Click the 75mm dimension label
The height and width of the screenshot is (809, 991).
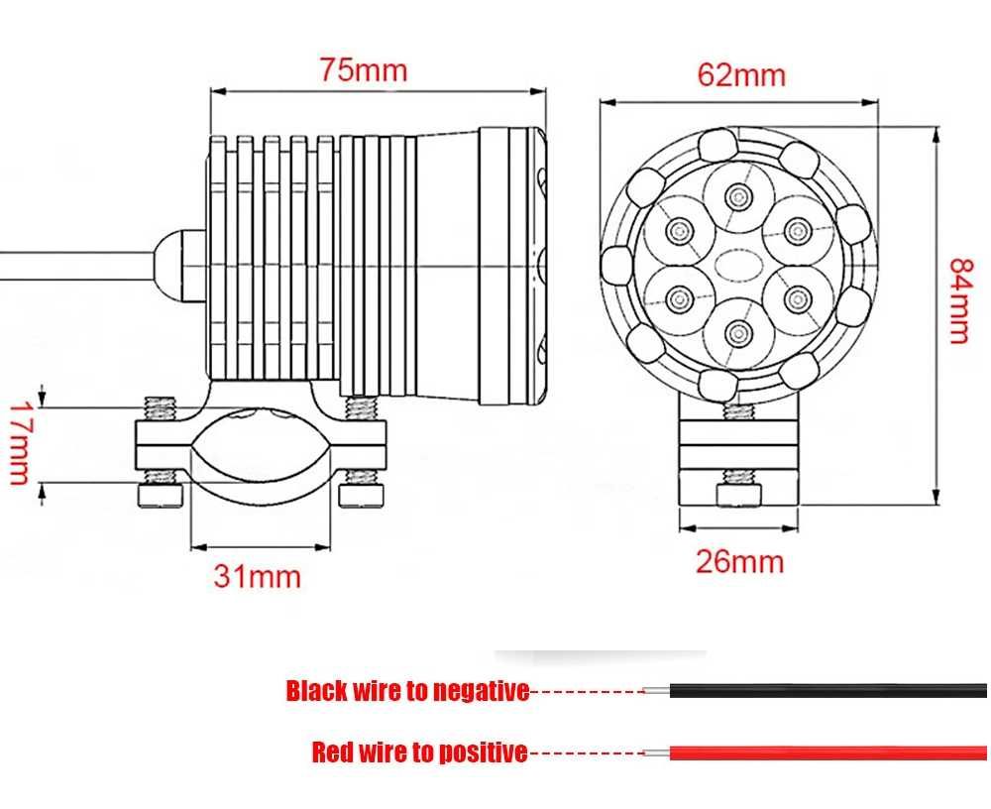(x=363, y=69)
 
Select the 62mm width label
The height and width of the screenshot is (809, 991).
(x=741, y=74)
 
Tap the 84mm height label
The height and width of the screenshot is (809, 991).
(x=959, y=299)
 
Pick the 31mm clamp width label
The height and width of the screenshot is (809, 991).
(x=258, y=576)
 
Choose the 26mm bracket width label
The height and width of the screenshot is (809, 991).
(x=739, y=561)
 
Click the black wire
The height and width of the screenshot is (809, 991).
(x=827, y=690)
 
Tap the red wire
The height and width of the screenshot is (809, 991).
(x=827, y=752)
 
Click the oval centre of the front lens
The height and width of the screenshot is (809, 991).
(x=737, y=263)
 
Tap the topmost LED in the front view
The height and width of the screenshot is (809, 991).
(x=737, y=196)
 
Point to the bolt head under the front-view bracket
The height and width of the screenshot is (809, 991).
(x=739, y=496)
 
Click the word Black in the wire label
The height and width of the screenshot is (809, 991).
(x=317, y=691)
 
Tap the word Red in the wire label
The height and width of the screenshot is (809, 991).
(x=333, y=752)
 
